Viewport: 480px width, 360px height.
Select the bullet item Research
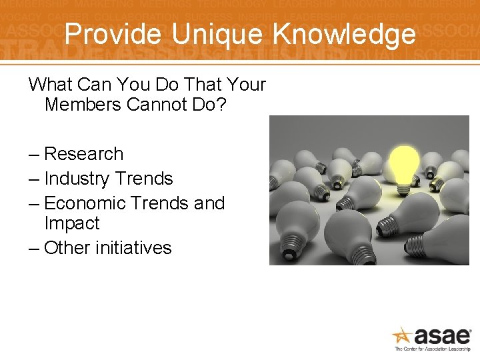point(83,154)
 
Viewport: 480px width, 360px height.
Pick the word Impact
point(71,223)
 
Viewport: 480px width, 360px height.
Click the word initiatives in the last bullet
point(133,248)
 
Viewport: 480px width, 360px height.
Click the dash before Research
point(34,154)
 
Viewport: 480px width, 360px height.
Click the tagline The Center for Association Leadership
point(433,349)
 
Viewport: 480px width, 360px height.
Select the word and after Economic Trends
point(209,203)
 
